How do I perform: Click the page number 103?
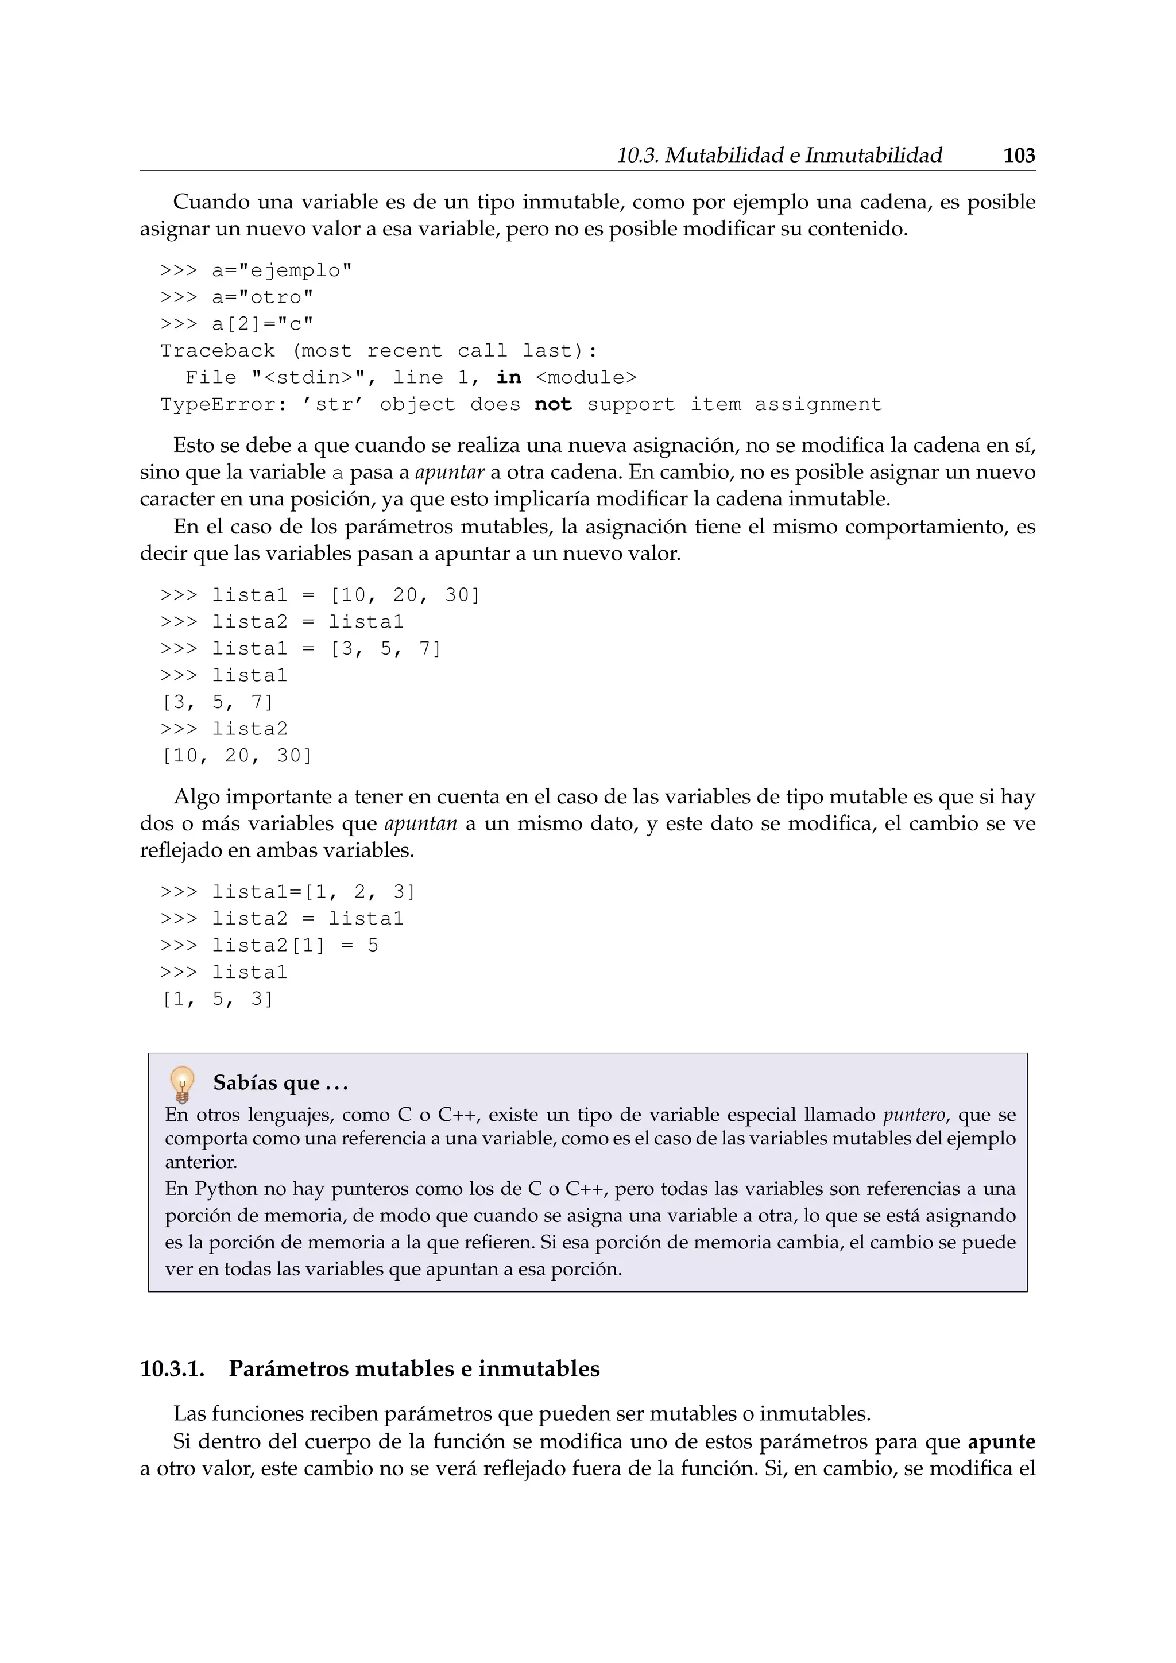pos(1019,156)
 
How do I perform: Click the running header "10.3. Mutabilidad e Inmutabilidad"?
pos(779,156)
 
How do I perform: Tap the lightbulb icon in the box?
pos(182,1084)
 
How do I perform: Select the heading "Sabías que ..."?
pos(280,1084)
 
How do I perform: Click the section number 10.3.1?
pos(172,1369)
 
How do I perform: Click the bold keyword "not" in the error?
pos(553,404)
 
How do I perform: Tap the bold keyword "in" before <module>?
pos(508,377)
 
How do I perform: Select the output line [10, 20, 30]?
pos(237,756)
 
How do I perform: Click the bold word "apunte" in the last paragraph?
pos(1001,1442)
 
